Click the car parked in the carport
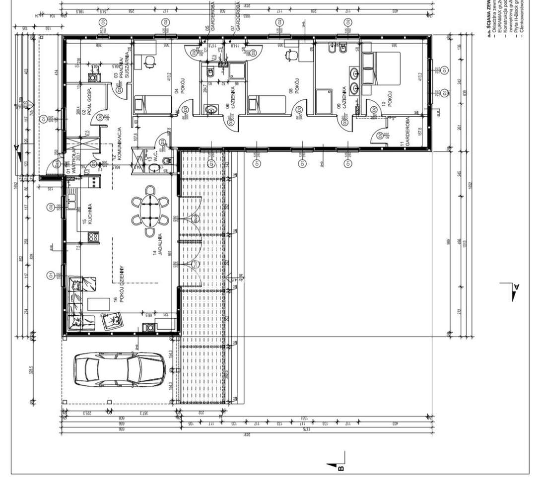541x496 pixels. [119, 369]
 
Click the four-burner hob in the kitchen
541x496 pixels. [92, 238]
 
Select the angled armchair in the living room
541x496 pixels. [113, 320]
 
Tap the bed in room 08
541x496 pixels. [267, 105]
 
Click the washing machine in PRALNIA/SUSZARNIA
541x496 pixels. [92, 78]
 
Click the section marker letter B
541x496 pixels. [341, 467]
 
